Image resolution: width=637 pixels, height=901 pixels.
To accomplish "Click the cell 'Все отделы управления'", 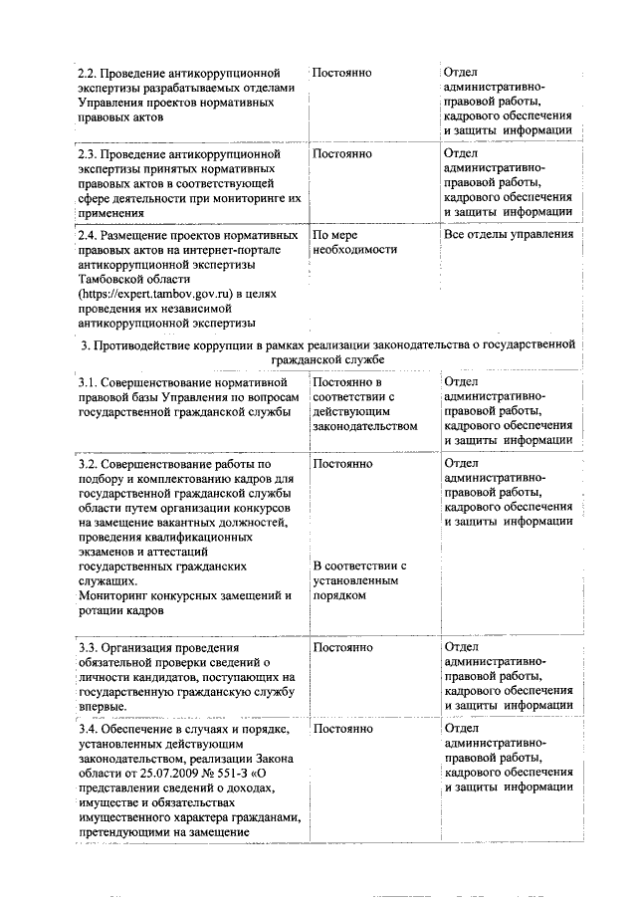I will pyautogui.click(x=508, y=236).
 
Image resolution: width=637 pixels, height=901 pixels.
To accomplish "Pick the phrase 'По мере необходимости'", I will pyautogui.click(x=347, y=243).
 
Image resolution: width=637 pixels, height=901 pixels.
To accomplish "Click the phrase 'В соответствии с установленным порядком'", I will pyautogui.click(x=358, y=580).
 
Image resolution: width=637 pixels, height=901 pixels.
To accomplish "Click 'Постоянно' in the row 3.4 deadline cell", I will pyautogui.click(x=341, y=730).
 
